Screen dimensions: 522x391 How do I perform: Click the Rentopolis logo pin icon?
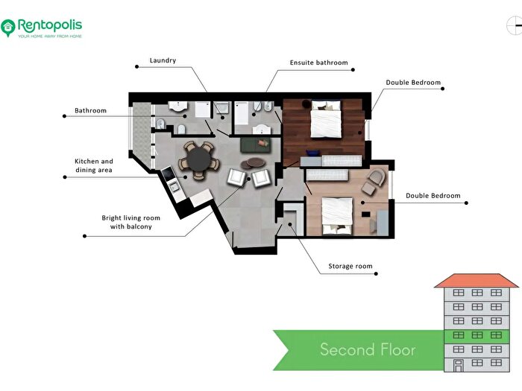tap(8, 28)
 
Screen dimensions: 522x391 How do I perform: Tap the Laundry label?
tap(163, 60)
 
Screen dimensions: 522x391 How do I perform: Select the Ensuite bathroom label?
tap(319, 63)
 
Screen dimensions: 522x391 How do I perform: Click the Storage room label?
tap(350, 266)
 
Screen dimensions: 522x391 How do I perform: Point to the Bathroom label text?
tap(90, 110)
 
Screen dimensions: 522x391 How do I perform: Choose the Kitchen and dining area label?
tap(94, 165)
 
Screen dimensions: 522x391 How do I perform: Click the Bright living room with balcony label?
tap(130, 222)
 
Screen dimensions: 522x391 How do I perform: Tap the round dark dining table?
tap(199, 159)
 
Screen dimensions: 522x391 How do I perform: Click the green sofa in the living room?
tap(256, 145)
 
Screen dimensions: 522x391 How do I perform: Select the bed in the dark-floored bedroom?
tap(326, 119)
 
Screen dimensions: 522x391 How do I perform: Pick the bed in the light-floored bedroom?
tap(337, 216)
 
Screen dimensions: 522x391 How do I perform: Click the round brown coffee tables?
tap(253, 163)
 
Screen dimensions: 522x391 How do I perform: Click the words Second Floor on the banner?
tap(368, 349)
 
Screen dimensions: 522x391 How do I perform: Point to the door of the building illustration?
tap(459, 366)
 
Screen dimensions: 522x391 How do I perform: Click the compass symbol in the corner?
tap(514, 25)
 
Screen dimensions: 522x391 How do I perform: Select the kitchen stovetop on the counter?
tap(168, 174)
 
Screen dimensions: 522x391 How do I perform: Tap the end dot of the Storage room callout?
tap(376, 274)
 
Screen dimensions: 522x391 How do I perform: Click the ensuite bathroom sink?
tap(262, 129)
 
